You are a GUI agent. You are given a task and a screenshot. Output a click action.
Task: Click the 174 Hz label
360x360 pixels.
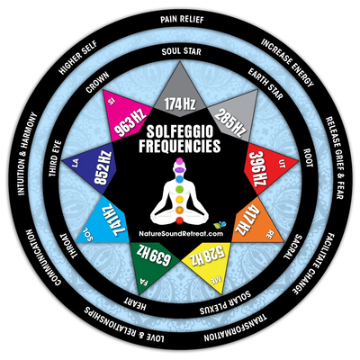[x=180, y=103]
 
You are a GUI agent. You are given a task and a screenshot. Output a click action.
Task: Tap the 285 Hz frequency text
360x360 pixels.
[x=230, y=123]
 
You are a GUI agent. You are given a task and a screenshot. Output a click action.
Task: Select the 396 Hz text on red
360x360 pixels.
[x=259, y=169]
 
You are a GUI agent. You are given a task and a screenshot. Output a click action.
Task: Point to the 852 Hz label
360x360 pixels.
[x=103, y=169]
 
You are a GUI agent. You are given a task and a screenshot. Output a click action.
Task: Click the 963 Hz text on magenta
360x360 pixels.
[x=130, y=122]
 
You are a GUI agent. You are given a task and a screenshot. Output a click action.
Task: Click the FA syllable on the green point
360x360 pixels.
[x=142, y=282]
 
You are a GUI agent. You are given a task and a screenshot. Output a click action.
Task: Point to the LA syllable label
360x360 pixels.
[x=76, y=164]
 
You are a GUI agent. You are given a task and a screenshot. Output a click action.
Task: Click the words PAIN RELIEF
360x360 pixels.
[x=182, y=20]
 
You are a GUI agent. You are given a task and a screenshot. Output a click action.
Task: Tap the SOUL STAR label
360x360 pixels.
[x=181, y=51]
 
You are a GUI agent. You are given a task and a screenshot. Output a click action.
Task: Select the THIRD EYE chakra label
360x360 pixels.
[x=55, y=158]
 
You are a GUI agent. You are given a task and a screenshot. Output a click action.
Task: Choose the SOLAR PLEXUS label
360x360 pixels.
[x=225, y=302]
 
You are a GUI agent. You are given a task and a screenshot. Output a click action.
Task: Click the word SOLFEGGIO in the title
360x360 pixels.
[x=180, y=132]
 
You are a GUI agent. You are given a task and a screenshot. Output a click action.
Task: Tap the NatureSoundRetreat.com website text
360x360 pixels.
[x=181, y=234]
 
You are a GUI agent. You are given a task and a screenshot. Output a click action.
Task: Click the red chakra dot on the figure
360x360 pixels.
[x=179, y=221]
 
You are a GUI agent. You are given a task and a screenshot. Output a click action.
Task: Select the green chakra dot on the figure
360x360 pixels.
[x=179, y=189]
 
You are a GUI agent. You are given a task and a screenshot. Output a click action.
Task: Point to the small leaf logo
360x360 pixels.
[x=220, y=225]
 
